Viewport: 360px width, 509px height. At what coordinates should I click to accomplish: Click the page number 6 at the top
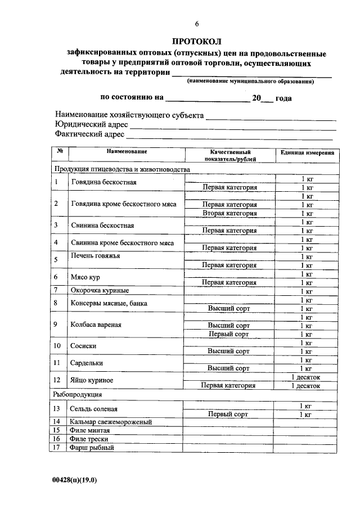[197, 24]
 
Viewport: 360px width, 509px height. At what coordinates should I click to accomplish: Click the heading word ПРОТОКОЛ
[197, 42]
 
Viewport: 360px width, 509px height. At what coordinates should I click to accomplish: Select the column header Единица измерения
[307, 152]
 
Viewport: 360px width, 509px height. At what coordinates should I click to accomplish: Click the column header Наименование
[127, 152]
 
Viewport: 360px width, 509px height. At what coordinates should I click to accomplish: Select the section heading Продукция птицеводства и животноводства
[122, 169]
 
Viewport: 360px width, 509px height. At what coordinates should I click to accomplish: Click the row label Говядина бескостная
[103, 183]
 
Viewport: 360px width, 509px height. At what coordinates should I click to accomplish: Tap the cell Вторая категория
[229, 213]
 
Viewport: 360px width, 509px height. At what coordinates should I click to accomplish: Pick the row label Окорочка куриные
[100, 291]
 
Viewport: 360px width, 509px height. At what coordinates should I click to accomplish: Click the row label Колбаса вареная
[96, 325]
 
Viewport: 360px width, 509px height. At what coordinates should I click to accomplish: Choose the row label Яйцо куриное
[92, 381]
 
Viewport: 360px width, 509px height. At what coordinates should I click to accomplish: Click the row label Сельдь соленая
[94, 409]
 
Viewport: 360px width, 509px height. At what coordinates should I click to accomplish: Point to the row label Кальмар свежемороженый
[111, 422]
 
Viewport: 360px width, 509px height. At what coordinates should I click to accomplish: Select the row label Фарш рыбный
[92, 448]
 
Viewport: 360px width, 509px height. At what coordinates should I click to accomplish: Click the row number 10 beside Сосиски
[57, 346]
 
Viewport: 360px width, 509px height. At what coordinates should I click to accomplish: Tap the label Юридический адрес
[92, 125]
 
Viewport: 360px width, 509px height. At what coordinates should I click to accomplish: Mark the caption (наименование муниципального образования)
[250, 82]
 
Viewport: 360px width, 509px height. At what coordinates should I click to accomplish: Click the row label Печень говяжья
[95, 256]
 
